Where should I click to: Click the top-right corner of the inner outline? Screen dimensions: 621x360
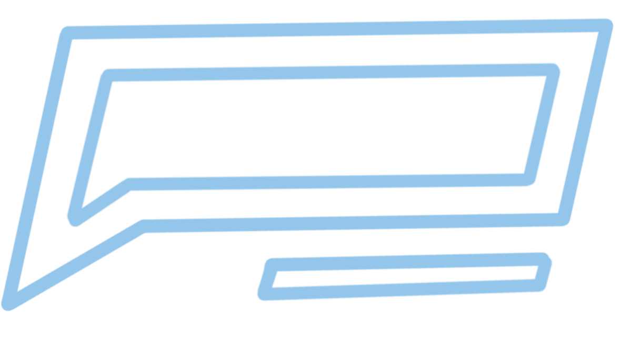click(x=553, y=70)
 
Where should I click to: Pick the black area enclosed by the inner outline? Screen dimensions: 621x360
click(x=316, y=126)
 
